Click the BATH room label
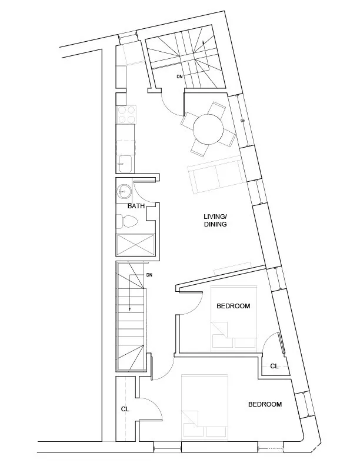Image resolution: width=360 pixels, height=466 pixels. pyautogui.click(x=136, y=207)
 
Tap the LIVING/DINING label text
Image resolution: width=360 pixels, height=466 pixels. pyautogui.click(x=215, y=221)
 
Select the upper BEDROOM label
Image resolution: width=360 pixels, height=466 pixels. pyautogui.click(x=234, y=306)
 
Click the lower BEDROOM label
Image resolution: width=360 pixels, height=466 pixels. pyautogui.click(x=265, y=404)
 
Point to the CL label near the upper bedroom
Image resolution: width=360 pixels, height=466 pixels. pyautogui.click(x=274, y=366)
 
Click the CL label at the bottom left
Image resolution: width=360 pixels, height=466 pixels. pyautogui.click(x=125, y=408)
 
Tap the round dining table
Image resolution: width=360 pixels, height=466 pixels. pyautogui.click(x=208, y=128)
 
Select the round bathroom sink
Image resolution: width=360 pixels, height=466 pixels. pyautogui.click(x=124, y=191)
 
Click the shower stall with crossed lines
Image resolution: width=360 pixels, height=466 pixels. pyautogui.click(x=136, y=244)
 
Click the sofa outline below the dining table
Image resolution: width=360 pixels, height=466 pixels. pyautogui.click(x=215, y=177)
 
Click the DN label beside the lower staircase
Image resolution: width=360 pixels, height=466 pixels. pyautogui.click(x=149, y=275)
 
